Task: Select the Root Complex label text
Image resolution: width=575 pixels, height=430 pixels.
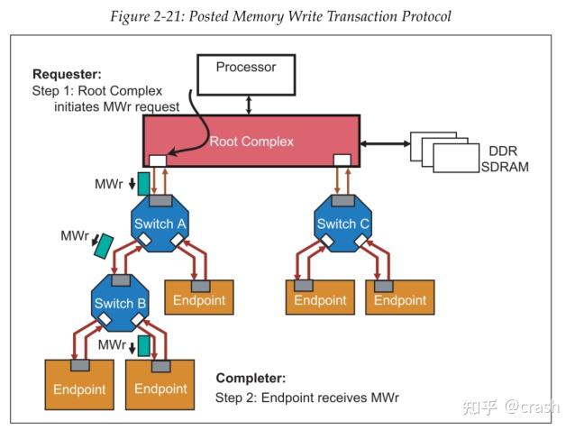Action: [251, 142]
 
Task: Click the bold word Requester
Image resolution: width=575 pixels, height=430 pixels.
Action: [68, 74]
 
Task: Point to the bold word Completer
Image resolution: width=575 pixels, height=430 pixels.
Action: [251, 379]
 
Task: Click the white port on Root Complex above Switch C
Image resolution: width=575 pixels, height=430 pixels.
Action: [342, 160]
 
